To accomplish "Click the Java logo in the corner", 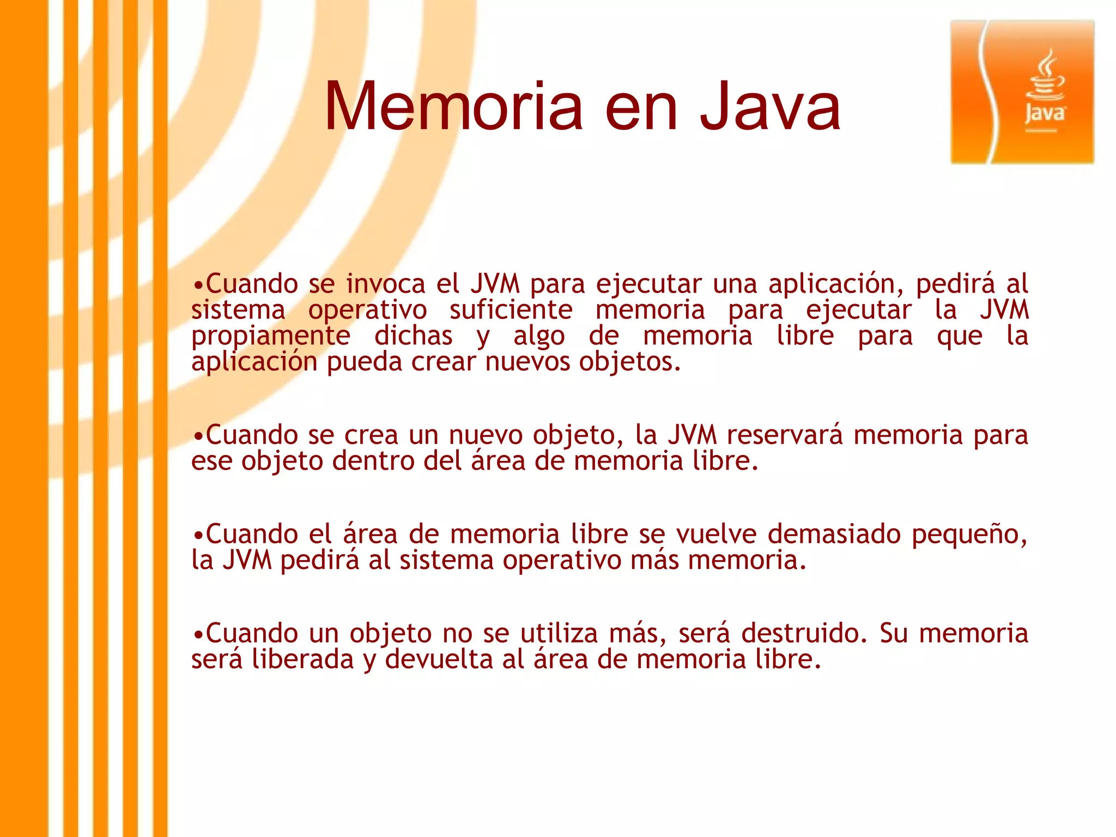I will [x=1022, y=92].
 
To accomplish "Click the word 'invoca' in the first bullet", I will [x=385, y=284].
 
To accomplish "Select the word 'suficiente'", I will [x=511, y=310].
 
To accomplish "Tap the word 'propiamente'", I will [x=270, y=336].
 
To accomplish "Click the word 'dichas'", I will [x=413, y=336].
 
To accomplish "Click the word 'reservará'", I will [x=785, y=435].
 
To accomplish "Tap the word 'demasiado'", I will [x=834, y=534].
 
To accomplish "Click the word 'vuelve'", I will [x=716, y=534].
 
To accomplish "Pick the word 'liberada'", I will [x=302, y=659].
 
